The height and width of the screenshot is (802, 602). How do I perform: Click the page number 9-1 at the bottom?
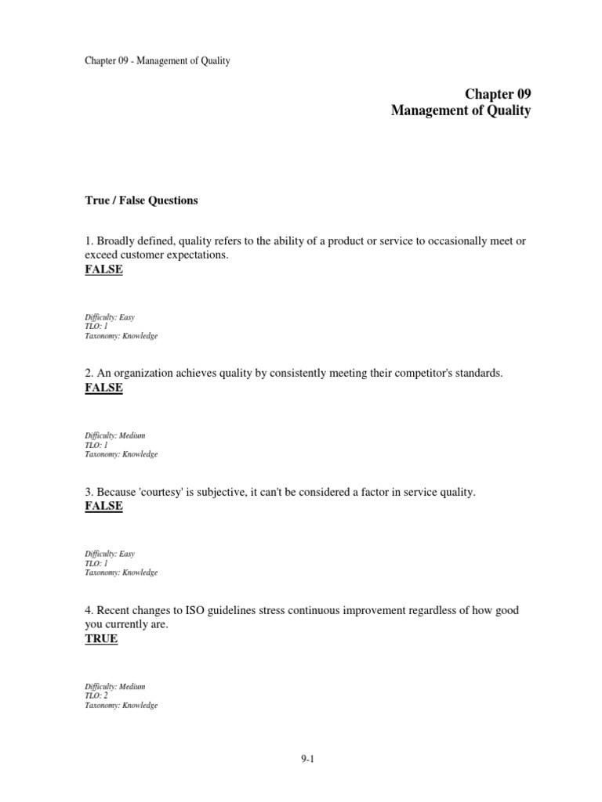pyautogui.click(x=306, y=759)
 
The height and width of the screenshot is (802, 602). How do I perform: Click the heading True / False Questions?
pyautogui.click(x=141, y=200)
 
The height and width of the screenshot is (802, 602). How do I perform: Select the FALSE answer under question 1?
pyautogui.click(x=103, y=270)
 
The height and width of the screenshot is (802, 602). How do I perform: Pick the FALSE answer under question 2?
pyautogui.click(x=103, y=388)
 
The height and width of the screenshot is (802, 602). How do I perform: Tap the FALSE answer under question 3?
pyautogui.click(x=103, y=506)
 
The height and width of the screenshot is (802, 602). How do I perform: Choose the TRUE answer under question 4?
pyautogui.click(x=101, y=638)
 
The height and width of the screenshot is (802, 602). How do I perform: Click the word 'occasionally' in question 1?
pyautogui.click(x=455, y=240)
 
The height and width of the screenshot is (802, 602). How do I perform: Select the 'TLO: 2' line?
pyautogui.click(x=96, y=695)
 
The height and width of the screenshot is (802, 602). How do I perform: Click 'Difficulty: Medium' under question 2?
pyautogui.click(x=114, y=435)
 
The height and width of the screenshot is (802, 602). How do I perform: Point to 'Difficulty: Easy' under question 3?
pyautogui.click(x=110, y=554)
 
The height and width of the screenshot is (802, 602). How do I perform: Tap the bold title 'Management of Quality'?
pyautogui.click(x=461, y=111)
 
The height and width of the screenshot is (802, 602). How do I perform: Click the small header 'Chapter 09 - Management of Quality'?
pyautogui.click(x=158, y=60)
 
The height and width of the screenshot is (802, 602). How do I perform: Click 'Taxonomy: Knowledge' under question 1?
pyautogui.click(x=121, y=336)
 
